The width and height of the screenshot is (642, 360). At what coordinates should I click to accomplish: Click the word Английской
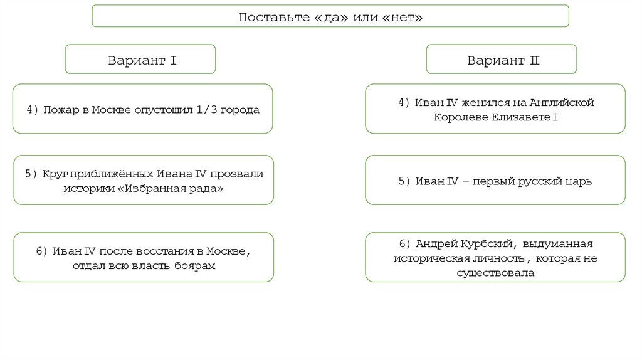561,102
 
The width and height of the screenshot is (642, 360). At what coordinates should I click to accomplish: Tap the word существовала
495,273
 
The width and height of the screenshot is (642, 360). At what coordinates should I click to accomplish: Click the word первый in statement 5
493,181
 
